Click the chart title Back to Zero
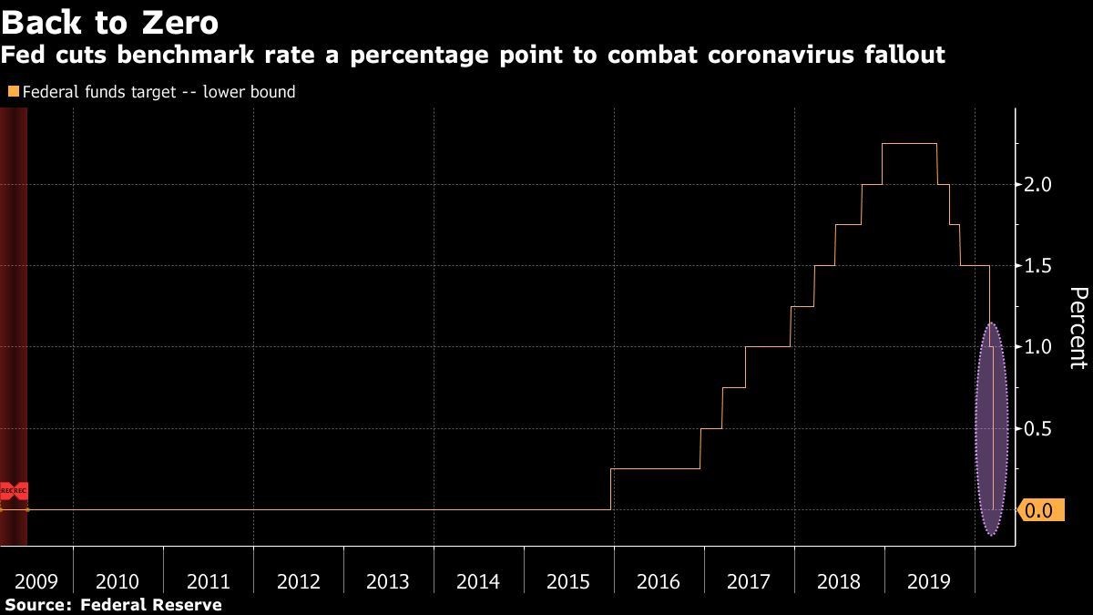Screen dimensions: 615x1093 point(109,20)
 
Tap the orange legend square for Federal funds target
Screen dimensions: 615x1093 point(12,92)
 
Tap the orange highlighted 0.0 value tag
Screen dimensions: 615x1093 point(1037,510)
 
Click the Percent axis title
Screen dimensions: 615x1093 point(1078,328)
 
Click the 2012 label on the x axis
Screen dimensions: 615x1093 point(298,581)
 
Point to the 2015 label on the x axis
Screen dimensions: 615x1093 point(568,581)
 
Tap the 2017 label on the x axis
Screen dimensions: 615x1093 point(749,581)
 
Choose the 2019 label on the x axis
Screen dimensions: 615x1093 point(929,581)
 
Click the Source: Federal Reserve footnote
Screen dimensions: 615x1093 point(113,604)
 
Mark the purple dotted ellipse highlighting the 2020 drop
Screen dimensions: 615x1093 point(991,428)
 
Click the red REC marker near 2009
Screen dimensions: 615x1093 point(14,490)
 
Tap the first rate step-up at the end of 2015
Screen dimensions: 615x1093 point(610,488)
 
